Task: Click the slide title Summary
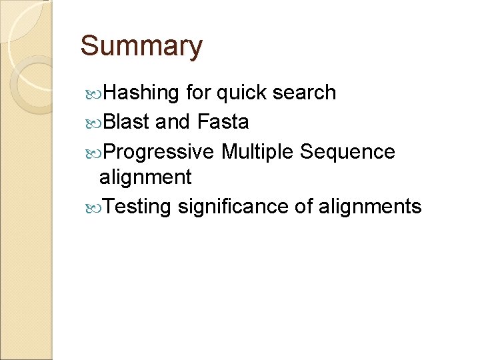pyautogui.click(x=141, y=47)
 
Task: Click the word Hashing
pyautogui.click(x=142, y=93)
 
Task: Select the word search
pyautogui.click(x=309, y=93)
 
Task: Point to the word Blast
pyautogui.click(x=127, y=122)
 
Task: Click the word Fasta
pyautogui.click(x=223, y=122)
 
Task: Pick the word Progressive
pyautogui.click(x=159, y=152)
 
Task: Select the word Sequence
pyautogui.click(x=347, y=152)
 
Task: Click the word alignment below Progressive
pyautogui.click(x=145, y=177)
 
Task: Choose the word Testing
pyautogui.click(x=138, y=207)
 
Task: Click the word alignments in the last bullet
pyautogui.click(x=370, y=207)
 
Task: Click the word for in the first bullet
pyautogui.click(x=199, y=93)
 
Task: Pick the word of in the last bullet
pyautogui.click(x=303, y=207)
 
